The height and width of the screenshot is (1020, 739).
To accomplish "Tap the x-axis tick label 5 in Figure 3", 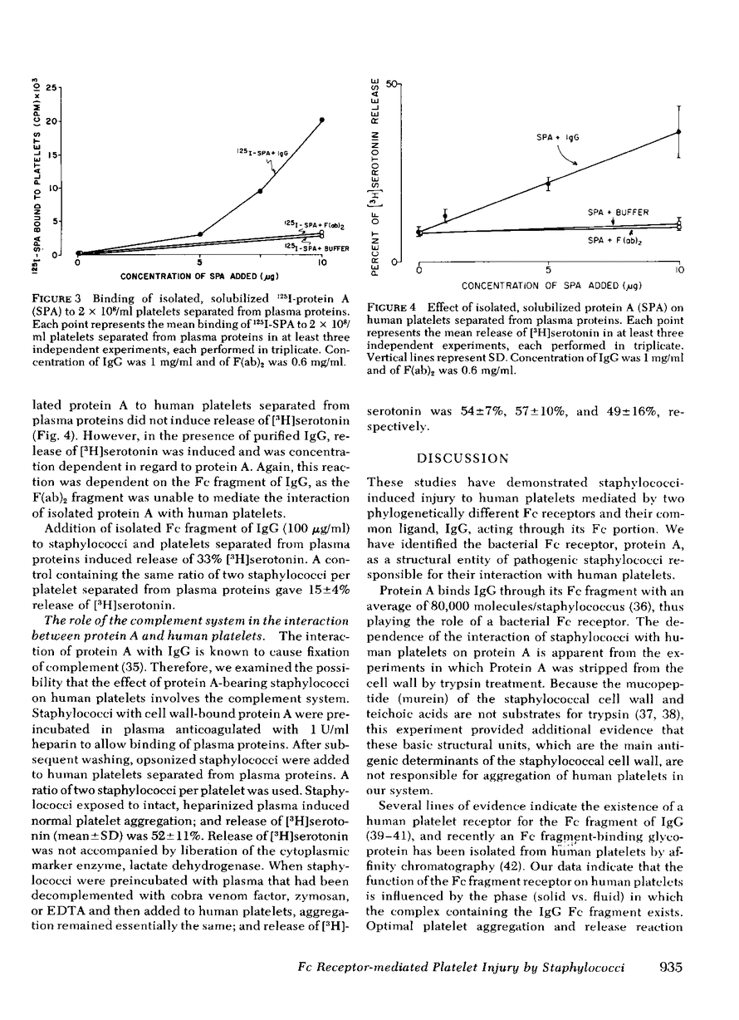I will (x=199, y=263).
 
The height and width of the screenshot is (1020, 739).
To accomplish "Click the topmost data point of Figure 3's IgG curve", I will (x=321, y=120).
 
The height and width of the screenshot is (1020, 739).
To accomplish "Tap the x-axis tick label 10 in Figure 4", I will (x=680, y=271).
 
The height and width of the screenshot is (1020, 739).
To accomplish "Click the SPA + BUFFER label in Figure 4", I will (x=619, y=213).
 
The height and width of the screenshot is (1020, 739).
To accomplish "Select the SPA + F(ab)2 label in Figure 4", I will (x=619, y=241).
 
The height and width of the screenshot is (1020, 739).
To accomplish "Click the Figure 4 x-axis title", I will (x=549, y=286).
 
